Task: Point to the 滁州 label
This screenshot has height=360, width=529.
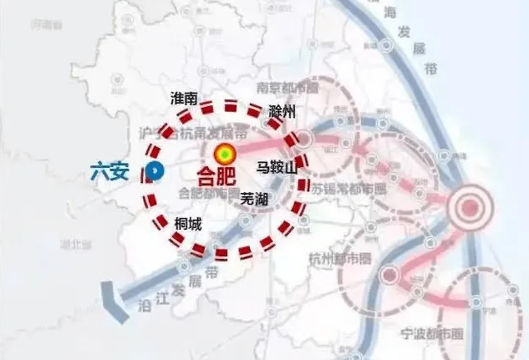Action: coord(282,112)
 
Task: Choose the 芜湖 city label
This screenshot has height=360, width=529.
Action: coord(253,199)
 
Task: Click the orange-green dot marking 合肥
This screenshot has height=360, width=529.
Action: coord(225,155)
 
